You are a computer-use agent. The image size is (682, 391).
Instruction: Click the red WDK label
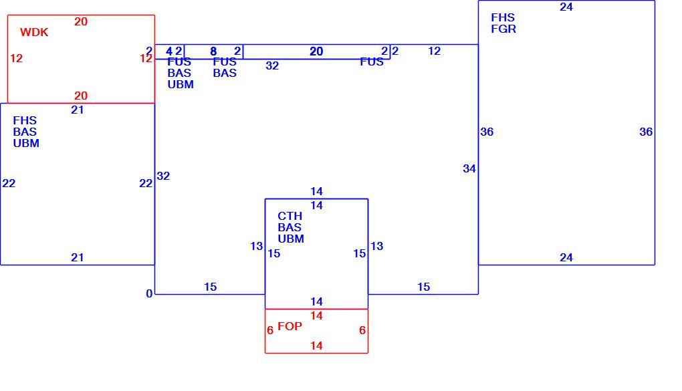point(34,32)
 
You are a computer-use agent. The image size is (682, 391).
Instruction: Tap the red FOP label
point(290,326)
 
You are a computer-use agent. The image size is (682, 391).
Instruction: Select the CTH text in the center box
point(290,216)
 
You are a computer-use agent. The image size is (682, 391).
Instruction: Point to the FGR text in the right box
point(503,29)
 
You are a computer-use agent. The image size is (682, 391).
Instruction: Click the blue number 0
point(149,294)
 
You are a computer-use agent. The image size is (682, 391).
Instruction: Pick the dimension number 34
point(469,168)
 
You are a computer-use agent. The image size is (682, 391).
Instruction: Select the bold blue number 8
point(213,51)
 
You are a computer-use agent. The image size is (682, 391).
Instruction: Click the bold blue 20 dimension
point(316,51)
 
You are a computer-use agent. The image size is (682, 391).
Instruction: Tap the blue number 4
point(169,51)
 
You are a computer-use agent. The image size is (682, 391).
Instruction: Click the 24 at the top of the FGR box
point(566,7)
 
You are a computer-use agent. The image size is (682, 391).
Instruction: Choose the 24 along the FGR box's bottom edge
point(566,258)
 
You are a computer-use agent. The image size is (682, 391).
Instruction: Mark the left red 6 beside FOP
point(270,331)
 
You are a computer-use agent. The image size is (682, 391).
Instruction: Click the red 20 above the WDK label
point(81,22)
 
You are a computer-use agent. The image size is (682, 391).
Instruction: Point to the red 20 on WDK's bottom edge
point(81,96)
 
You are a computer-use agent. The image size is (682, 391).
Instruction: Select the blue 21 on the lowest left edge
point(78,258)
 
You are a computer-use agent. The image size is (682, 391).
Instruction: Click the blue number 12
point(434,51)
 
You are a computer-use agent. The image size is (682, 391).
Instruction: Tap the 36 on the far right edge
point(646,132)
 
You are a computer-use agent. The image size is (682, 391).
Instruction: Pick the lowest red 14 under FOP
point(316,346)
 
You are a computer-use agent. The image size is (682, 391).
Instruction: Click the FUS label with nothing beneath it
point(372,61)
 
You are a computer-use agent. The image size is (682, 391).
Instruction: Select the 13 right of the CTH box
point(376,246)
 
